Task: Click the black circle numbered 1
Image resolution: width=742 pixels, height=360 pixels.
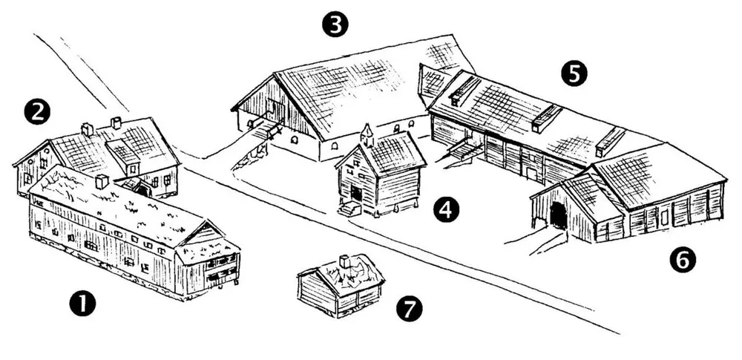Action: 82,303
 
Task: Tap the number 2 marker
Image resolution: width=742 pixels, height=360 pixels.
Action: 37,112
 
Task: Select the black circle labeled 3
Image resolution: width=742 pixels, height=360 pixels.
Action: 335,24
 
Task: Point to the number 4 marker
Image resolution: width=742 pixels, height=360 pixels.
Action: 446,210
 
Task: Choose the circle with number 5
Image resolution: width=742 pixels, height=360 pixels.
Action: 574,74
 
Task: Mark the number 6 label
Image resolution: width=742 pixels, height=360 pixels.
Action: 683,260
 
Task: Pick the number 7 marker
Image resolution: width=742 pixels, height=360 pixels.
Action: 410,309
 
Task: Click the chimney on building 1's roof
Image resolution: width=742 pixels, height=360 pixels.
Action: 102,182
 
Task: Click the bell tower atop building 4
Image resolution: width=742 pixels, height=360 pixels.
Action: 367,134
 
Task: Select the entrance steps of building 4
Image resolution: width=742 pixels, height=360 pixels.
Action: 349,208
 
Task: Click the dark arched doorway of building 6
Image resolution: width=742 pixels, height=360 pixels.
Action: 559,215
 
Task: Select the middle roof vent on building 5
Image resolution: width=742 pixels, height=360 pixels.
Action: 546,118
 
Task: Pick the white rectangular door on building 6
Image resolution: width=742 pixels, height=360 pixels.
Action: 664,217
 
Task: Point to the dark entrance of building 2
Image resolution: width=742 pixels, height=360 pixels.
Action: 142,191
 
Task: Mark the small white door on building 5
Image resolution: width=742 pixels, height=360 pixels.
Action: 532,174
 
